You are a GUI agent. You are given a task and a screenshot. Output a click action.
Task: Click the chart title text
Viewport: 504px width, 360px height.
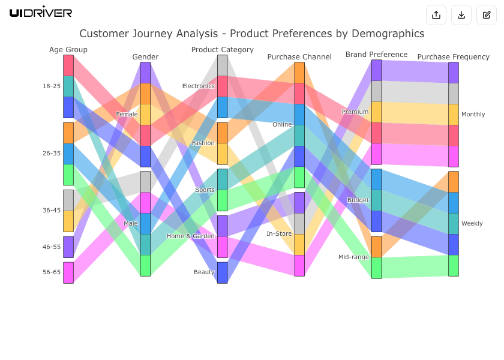252,34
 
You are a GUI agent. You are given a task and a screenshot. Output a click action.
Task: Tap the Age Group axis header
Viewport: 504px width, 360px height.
68,50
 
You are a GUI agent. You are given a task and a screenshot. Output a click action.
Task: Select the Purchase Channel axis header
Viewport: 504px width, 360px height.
299,57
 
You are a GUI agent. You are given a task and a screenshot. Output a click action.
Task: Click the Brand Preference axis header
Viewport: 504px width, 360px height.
376,55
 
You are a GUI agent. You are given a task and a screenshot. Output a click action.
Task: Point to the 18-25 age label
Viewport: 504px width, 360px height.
52,86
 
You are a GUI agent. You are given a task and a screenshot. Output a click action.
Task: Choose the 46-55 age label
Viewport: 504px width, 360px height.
52,247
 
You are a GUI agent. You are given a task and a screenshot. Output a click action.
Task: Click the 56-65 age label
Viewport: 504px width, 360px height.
52,272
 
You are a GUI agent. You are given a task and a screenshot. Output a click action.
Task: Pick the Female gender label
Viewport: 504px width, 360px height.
127,114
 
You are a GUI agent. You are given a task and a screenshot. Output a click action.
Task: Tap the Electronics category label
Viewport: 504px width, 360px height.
198,86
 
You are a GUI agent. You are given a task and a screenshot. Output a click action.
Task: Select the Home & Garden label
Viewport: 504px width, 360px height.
190,236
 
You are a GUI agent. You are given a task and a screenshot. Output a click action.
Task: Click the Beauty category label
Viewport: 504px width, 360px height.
204,272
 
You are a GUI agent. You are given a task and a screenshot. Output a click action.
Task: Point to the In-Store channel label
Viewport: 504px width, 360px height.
279,234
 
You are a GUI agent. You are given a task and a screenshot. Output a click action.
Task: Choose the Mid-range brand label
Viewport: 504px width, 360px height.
353,257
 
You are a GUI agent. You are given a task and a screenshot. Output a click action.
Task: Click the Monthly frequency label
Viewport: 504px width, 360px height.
473,115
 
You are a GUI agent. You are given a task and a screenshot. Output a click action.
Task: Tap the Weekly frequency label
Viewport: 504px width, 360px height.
472,224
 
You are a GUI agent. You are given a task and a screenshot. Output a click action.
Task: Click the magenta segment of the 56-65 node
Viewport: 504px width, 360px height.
68,272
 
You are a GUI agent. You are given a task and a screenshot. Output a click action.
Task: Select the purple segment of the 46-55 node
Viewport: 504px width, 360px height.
68,247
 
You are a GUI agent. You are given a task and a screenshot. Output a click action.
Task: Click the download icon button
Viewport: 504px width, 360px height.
461,15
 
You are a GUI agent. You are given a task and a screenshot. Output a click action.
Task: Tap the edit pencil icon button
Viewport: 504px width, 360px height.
487,15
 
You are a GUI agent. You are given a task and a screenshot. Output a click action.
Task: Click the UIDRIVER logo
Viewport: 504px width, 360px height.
41,12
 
